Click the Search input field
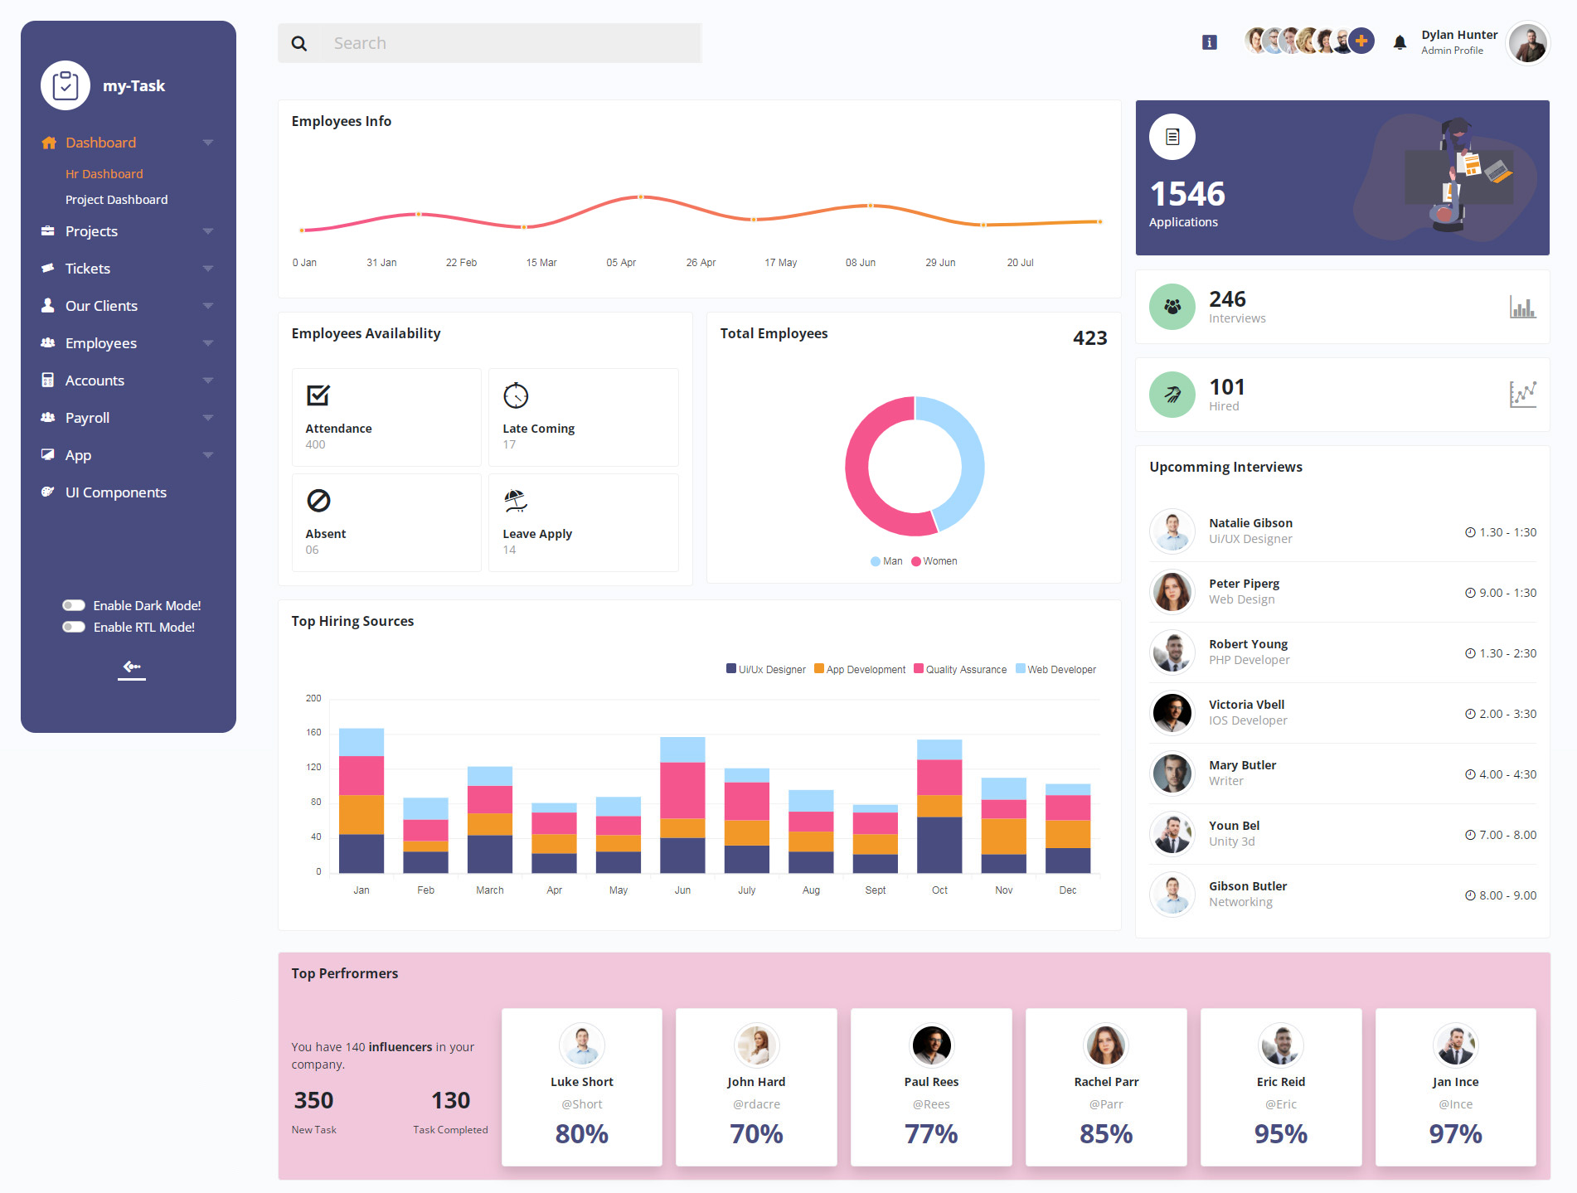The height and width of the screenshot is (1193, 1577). (x=510, y=43)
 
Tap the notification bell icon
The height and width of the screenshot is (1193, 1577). (x=1400, y=43)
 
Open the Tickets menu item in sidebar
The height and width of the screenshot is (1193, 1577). (x=88, y=269)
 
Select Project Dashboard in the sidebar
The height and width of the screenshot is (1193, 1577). (x=116, y=200)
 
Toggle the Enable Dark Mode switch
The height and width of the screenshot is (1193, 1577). (x=74, y=605)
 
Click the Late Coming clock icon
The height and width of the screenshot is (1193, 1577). (x=516, y=395)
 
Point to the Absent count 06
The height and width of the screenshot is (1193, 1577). (x=312, y=550)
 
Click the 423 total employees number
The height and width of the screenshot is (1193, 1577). (x=1089, y=338)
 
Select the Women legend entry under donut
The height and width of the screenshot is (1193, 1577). (x=934, y=561)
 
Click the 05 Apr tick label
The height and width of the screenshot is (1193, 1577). (x=620, y=263)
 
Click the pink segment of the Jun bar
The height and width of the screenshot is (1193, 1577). (x=682, y=789)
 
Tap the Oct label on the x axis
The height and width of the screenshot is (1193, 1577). (x=939, y=890)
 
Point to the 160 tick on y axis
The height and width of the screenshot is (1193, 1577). (x=313, y=733)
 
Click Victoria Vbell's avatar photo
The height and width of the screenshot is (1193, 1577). (x=1172, y=713)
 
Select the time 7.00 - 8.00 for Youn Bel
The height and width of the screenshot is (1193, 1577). (x=1501, y=835)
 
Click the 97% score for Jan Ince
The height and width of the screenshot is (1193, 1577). (x=1455, y=1133)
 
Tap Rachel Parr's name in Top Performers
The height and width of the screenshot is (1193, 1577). (x=1106, y=1082)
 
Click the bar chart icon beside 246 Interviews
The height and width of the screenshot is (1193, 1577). (x=1522, y=307)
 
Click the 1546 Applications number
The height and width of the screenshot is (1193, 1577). (x=1187, y=194)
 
